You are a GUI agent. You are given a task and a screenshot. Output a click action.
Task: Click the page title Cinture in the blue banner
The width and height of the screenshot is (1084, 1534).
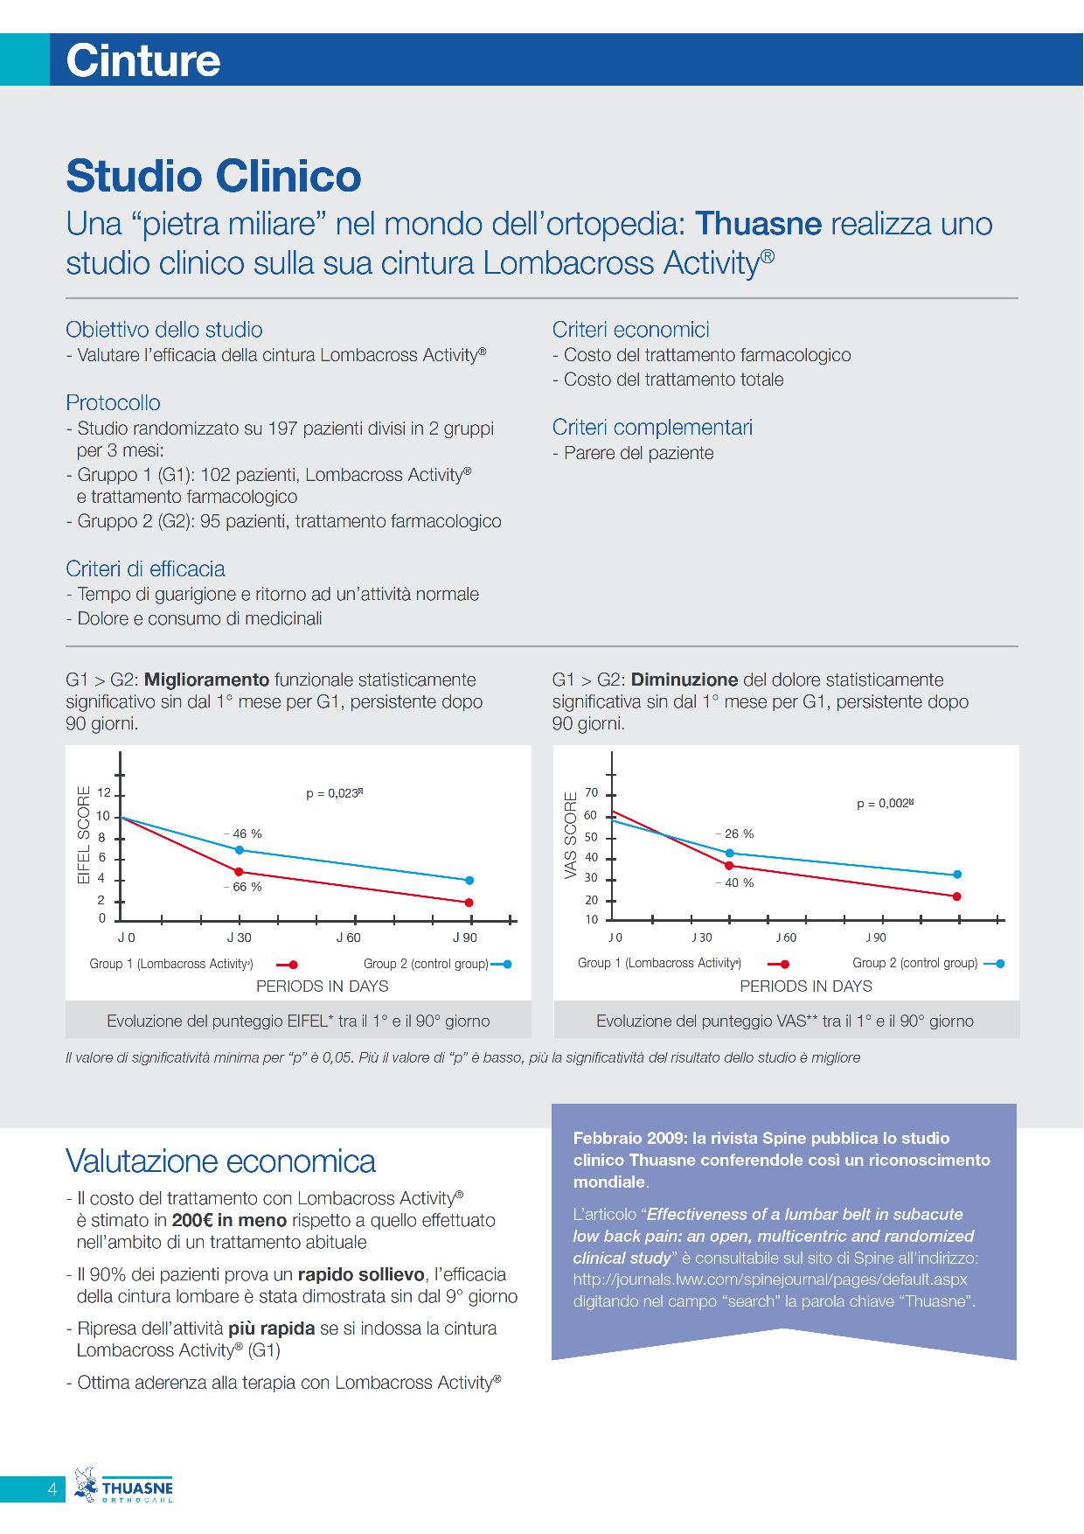tap(143, 60)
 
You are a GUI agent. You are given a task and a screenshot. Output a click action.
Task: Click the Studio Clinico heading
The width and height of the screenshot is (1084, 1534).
tap(214, 176)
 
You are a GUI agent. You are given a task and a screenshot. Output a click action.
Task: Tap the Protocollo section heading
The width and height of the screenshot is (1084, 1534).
tap(114, 403)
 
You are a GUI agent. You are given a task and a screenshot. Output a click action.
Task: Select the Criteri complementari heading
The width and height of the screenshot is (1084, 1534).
tap(652, 428)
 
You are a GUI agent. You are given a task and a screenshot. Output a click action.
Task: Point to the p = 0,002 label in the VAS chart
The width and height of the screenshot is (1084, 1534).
tap(885, 804)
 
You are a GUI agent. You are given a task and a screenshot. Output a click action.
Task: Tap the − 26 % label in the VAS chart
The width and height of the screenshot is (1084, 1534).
tap(733, 834)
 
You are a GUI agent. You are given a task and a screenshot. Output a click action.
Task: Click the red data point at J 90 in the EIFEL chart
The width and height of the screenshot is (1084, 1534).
tap(469, 903)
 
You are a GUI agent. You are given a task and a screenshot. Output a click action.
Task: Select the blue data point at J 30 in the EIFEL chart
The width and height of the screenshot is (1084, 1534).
tap(239, 850)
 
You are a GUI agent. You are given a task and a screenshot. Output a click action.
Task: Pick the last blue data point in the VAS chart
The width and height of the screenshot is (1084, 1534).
tap(957, 875)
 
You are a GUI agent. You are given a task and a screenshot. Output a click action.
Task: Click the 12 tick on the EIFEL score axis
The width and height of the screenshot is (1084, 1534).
tap(104, 794)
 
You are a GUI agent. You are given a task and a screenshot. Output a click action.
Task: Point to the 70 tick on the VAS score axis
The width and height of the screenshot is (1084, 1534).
tap(592, 793)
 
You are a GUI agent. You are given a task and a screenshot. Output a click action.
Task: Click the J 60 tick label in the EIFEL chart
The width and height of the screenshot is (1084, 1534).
tap(349, 938)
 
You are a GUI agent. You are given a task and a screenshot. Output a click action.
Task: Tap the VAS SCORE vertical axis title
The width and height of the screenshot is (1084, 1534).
tap(571, 836)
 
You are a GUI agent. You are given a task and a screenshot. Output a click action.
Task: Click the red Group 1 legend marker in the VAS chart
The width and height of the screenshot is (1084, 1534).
tap(778, 965)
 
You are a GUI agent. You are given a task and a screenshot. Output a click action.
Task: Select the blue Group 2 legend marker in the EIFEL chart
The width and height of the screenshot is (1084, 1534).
tap(502, 965)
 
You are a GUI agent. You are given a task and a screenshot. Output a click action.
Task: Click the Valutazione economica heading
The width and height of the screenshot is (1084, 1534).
tap(221, 1161)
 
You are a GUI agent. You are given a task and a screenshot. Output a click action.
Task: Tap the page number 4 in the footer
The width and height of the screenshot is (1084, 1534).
tap(52, 1489)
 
